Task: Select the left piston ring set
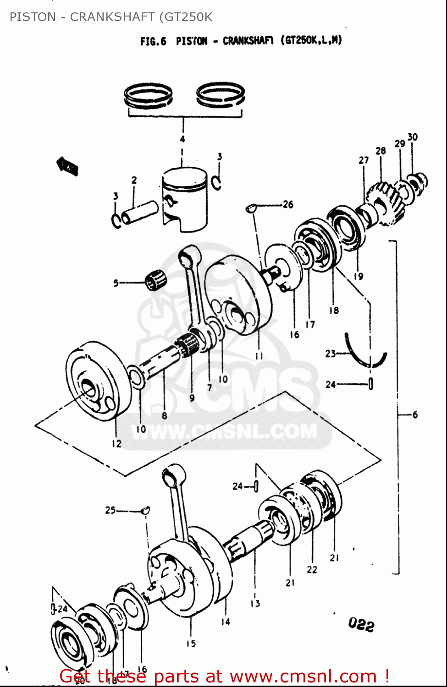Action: pos(148,96)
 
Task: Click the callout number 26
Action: pos(288,204)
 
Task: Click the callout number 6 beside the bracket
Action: pos(415,414)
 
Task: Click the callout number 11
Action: pos(259,355)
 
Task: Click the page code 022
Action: pos(361,624)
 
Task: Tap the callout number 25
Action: pos(110,510)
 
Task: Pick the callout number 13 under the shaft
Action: pos(255,603)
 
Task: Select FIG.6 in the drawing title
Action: pos(153,41)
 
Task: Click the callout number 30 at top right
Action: pos(413,137)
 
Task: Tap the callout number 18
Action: pos(334,310)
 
